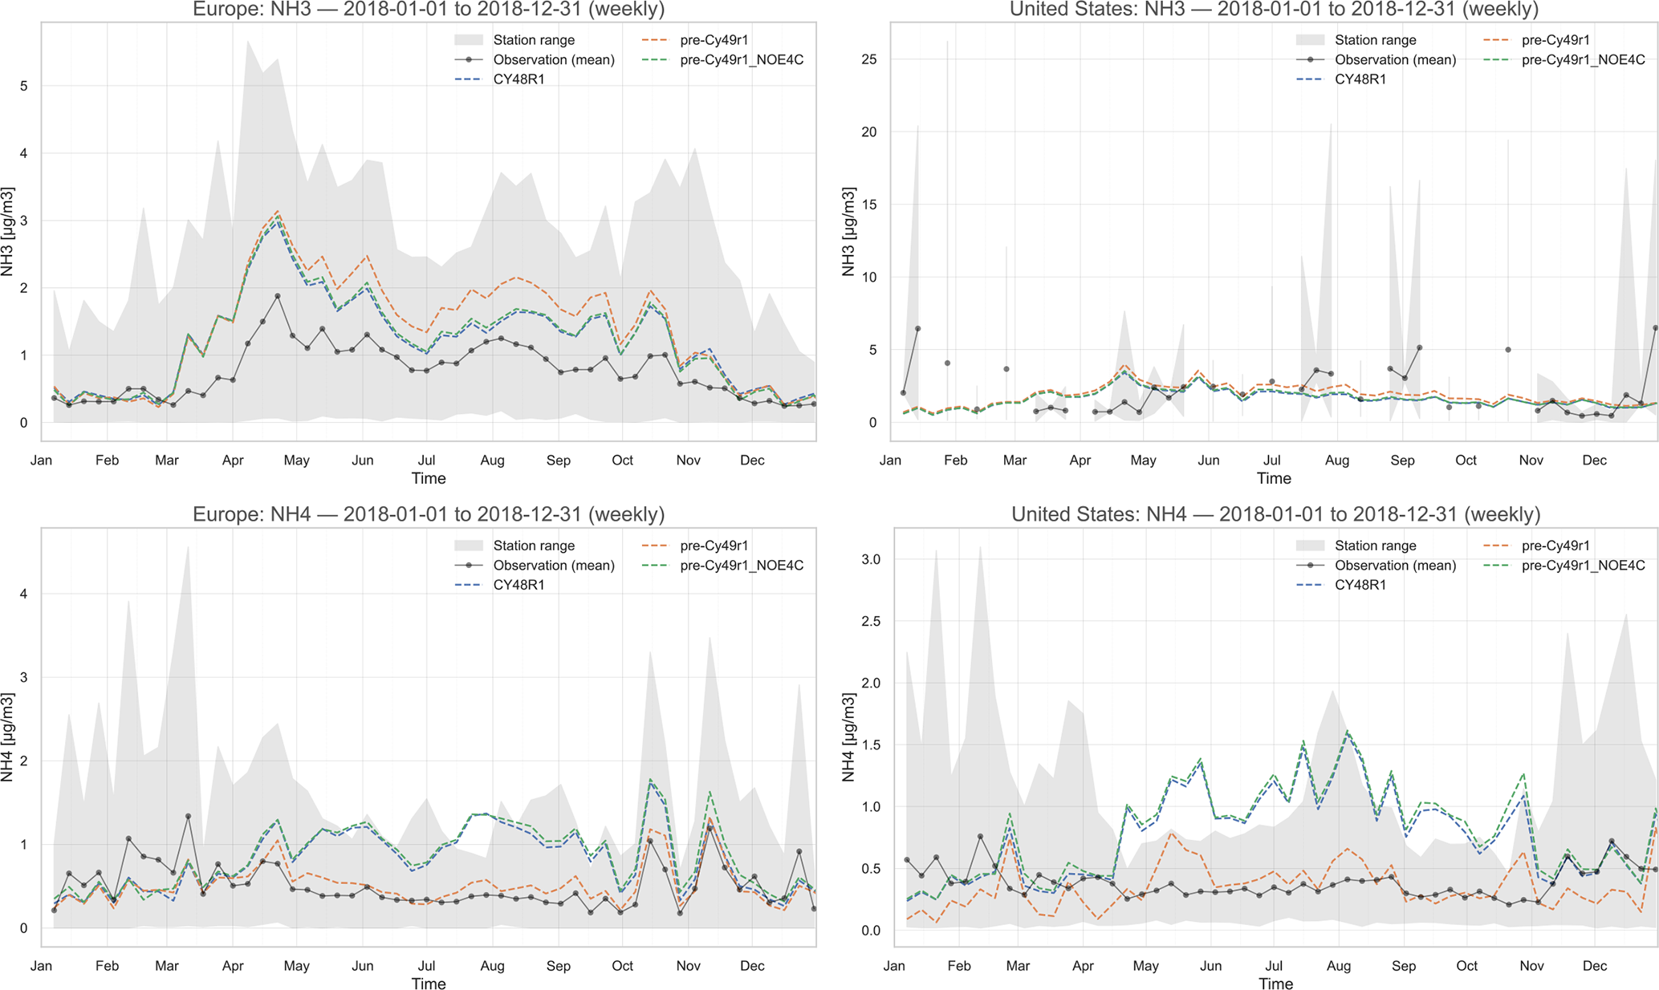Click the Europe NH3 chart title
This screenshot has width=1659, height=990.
(429, 10)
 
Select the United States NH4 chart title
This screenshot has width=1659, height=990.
(1275, 514)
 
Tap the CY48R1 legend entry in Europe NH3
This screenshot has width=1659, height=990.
(518, 79)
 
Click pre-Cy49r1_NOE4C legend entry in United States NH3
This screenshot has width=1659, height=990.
(1583, 59)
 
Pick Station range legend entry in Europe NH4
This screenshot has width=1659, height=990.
(534, 546)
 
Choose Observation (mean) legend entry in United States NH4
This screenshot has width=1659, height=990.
(1395, 566)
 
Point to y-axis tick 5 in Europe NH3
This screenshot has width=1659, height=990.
(23, 86)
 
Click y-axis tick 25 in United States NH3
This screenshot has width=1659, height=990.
(868, 59)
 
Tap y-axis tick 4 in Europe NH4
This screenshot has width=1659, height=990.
(23, 594)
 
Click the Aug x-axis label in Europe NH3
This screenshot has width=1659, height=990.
(492, 461)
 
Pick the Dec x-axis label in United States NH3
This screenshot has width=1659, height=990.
(1594, 461)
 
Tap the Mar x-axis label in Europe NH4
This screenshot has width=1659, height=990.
(167, 966)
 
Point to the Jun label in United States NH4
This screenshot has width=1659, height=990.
(1210, 966)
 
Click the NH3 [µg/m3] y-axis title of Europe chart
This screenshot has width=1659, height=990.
(8, 232)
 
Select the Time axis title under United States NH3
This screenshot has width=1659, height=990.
(1274, 479)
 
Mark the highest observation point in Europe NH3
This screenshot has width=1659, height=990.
(278, 296)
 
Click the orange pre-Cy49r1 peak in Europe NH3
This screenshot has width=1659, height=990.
(278, 212)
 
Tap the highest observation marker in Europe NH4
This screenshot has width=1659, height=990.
(188, 816)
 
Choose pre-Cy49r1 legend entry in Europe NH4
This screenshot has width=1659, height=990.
(714, 546)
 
